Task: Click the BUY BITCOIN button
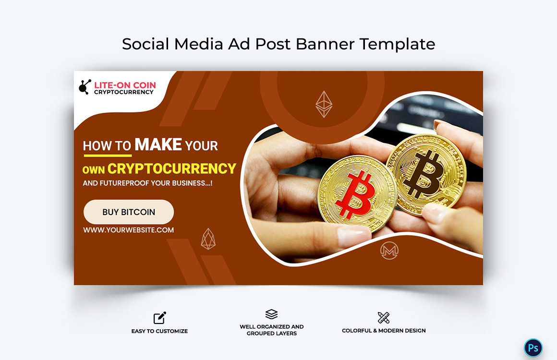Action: pos(129,212)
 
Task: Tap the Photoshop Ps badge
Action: pos(533,348)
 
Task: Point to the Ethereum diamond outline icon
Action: pos(324,104)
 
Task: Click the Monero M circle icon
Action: pos(389,251)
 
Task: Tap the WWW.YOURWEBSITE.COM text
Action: pos(129,230)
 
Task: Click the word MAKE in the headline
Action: pos(158,144)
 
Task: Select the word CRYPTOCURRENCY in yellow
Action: pos(172,168)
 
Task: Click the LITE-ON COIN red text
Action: pos(125,85)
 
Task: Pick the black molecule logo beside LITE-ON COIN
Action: pos(85,87)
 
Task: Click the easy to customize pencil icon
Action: pos(160,317)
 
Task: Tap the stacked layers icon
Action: pos(271,314)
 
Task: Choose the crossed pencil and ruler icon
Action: pos(384,317)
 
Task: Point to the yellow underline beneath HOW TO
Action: pos(108,155)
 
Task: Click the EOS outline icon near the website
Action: pos(208,239)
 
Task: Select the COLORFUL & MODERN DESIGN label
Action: pos(384,331)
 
